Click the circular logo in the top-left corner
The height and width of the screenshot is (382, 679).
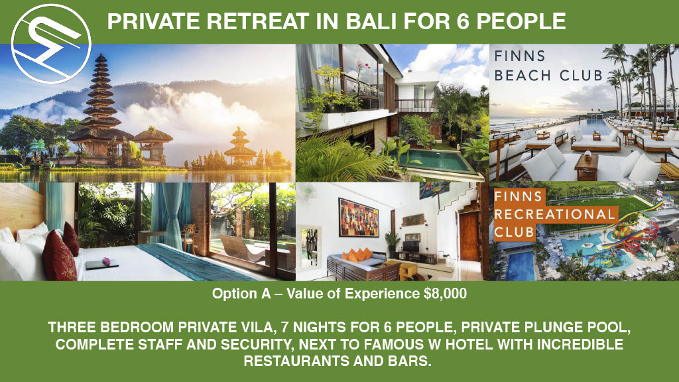click(x=51, y=44)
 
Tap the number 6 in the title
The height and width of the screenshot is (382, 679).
click(x=463, y=21)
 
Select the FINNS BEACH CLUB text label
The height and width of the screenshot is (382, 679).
click(x=548, y=66)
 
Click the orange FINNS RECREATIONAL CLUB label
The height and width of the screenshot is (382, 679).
click(x=555, y=215)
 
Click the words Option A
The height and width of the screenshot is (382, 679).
click(x=241, y=294)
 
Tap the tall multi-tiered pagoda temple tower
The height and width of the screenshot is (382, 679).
click(x=101, y=104)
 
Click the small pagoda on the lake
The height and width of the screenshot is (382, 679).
click(x=239, y=147)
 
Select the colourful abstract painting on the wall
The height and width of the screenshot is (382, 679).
click(x=359, y=218)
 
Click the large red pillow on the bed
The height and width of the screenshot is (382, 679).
click(x=59, y=256)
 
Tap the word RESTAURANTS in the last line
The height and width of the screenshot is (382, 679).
click(x=297, y=361)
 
